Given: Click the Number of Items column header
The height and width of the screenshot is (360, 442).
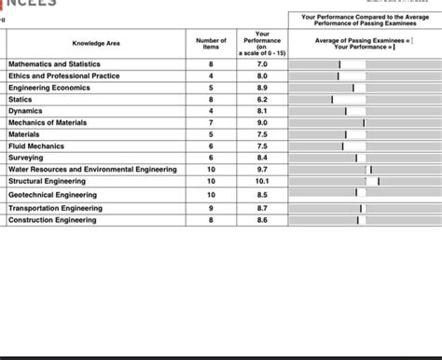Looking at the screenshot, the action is point(211,43).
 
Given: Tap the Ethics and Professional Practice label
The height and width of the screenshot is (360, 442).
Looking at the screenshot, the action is point(63,76).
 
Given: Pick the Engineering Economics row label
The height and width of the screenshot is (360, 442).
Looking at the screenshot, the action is point(49,87).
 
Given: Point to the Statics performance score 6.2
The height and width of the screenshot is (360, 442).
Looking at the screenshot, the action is point(262,99).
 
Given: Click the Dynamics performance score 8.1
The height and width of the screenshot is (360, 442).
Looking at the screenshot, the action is point(262,110).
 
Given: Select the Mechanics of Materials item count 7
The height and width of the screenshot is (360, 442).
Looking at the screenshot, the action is point(211,122).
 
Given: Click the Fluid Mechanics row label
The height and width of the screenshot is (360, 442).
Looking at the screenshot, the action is point(36,145).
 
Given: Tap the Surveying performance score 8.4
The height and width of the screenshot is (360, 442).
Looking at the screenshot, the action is point(262,158).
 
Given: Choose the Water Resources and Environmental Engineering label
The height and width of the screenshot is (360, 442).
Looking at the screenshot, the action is point(92,170).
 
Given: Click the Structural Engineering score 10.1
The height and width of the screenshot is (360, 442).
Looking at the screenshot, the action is point(262,181).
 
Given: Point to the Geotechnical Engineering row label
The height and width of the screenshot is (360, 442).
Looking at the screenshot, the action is point(52,195).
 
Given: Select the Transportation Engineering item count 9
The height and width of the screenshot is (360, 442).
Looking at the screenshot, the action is point(211,208).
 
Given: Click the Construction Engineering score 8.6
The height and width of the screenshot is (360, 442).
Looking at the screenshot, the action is point(262,220).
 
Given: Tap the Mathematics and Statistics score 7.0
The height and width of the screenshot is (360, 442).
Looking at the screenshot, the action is point(262,63).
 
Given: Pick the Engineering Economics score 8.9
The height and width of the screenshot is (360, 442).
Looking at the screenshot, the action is point(262,87).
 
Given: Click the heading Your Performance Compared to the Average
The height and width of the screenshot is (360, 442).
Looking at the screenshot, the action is point(365,19).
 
